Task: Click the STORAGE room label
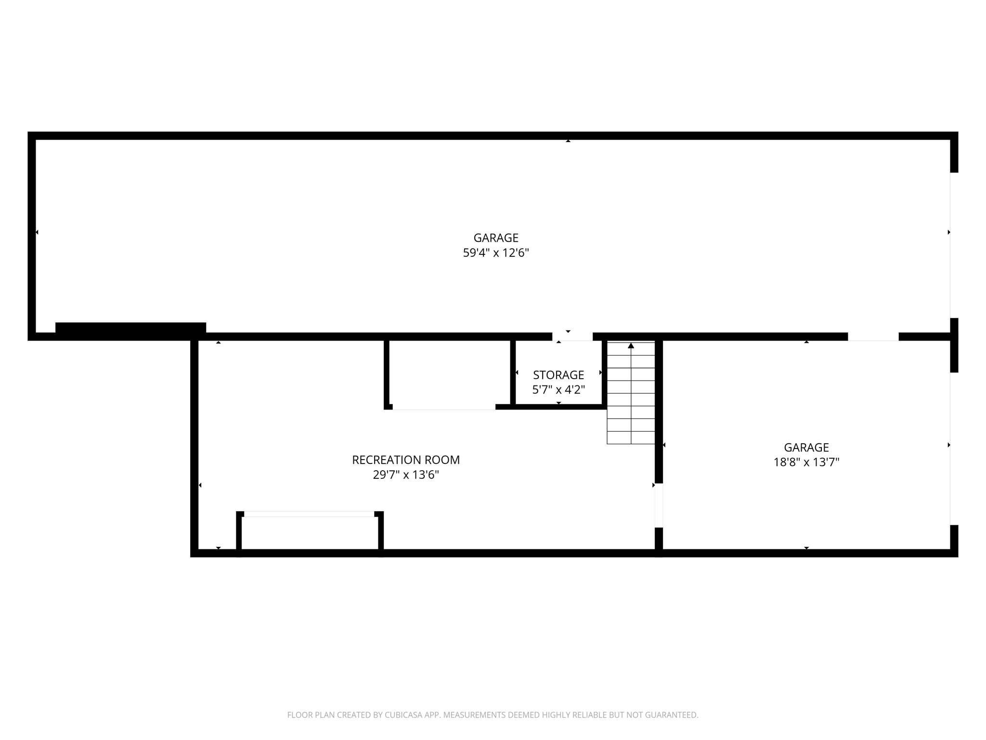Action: tap(558, 375)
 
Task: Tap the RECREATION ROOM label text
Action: tap(406, 460)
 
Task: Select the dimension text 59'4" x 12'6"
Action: tap(496, 253)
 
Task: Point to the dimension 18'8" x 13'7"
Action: tap(806, 462)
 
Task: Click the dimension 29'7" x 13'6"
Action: tap(406, 475)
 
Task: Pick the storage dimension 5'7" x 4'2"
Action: tap(558, 390)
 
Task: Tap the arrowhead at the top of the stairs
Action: tap(631, 345)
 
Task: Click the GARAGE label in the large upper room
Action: tap(496, 238)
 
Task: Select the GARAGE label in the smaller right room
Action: tap(806, 448)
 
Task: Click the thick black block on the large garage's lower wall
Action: tap(130, 328)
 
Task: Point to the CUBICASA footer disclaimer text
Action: tap(493, 715)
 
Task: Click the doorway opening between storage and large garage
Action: tap(572, 336)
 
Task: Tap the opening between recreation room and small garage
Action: tap(659, 505)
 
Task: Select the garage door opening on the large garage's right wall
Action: tap(954, 245)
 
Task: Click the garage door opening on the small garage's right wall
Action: tap(954, 449)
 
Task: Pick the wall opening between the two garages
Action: tap(873, 336)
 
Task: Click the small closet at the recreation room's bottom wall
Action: tap(310, 532)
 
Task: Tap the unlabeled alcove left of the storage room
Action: tap(449, 373)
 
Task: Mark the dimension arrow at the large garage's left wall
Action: tap(37, 232)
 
